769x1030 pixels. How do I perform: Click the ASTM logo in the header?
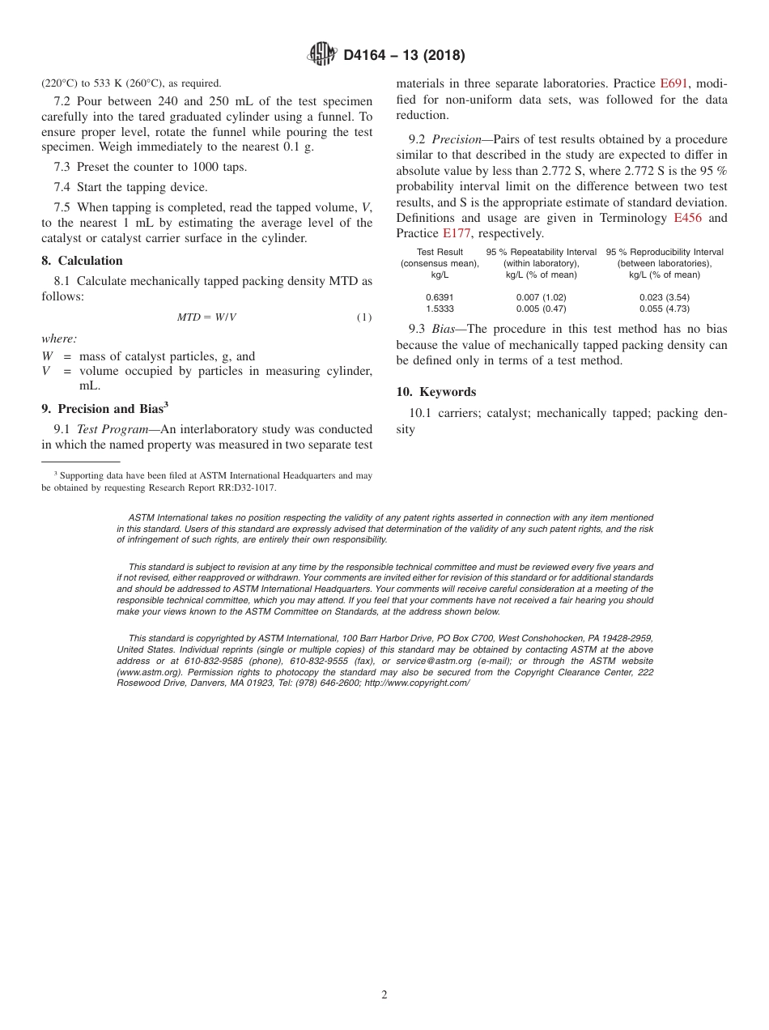322,55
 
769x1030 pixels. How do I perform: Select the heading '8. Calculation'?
82,261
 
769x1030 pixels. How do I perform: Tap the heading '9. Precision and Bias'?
104,409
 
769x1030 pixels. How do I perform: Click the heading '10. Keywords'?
435,392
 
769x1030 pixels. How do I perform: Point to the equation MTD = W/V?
206,317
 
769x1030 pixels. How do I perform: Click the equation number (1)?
364,317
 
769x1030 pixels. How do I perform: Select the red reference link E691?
673,83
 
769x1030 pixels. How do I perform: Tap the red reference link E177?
457,233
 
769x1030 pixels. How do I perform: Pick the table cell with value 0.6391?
440,297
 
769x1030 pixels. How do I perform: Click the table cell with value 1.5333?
440,309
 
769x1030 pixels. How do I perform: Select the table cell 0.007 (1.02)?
541,297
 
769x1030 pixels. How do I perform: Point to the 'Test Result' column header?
440,252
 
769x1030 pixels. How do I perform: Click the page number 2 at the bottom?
384,995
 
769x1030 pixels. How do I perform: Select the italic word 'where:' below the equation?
59,338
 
